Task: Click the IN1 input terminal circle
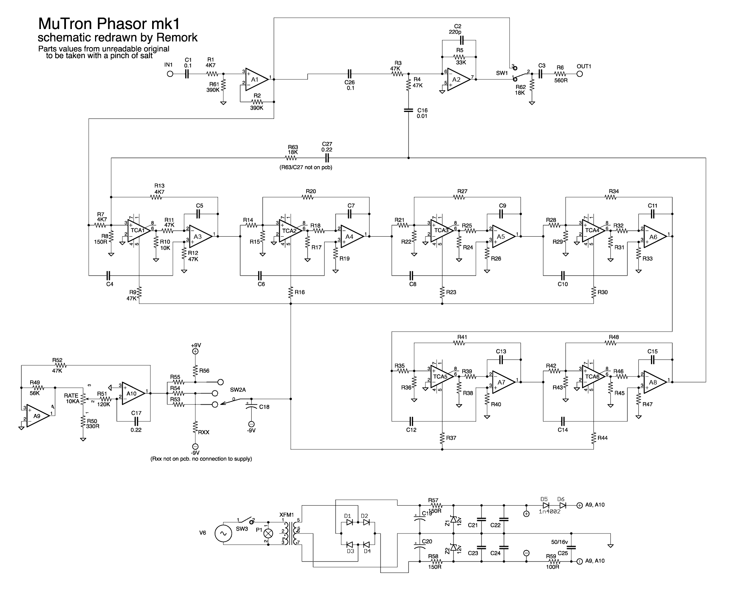[x=170, y=74]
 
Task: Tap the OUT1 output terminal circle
[x=580, y=74]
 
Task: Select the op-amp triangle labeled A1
[x=256, y=79]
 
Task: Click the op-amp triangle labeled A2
[x=458, y=79]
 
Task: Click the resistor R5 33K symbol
[x=459, y=57]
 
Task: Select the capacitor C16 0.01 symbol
[x=408, y=110]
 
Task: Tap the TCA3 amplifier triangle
[x=441, y=231]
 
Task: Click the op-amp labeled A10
[x=133, y=393]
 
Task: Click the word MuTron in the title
[x=66, y=24]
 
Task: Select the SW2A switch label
[x=238, y=390]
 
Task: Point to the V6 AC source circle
[x=223, y=533]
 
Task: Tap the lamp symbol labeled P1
[x=269, y=533]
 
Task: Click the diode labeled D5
[x=546, y=506]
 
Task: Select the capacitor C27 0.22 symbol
[x=327, y=158]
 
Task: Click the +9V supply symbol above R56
[x=195, y=351]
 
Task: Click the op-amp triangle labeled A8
[x=654, y=382]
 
